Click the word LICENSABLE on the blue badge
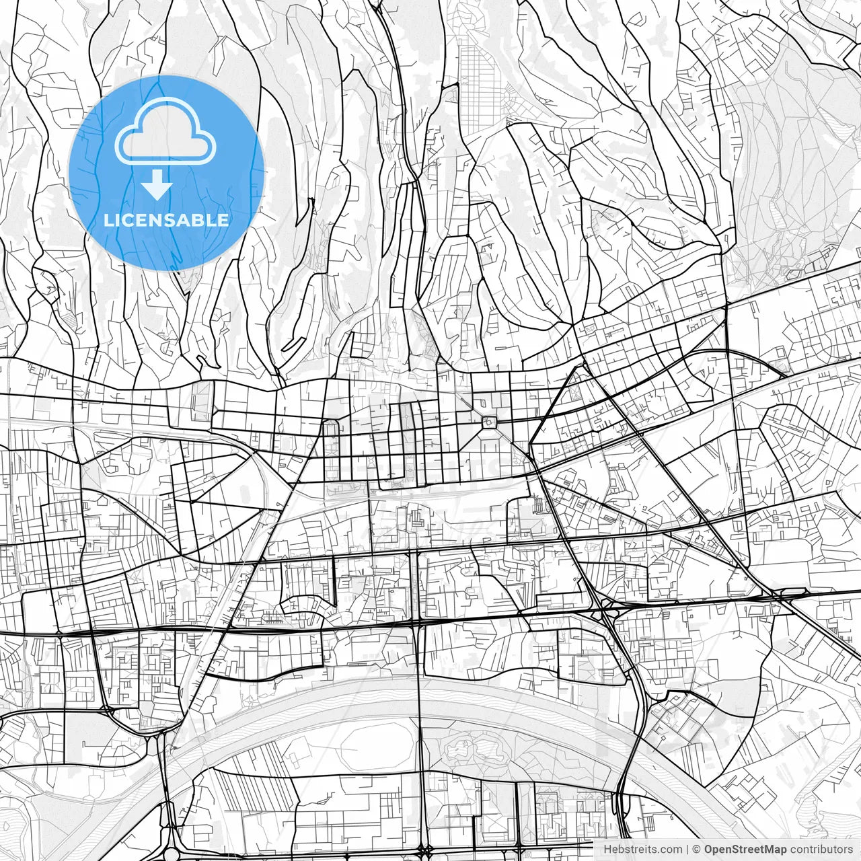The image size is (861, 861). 166,220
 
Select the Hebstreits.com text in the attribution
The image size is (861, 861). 642,850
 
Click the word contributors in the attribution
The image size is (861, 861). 821,850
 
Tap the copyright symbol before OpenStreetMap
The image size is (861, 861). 697,850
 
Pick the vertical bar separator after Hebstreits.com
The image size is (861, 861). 687,850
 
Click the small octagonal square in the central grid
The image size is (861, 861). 489,422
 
